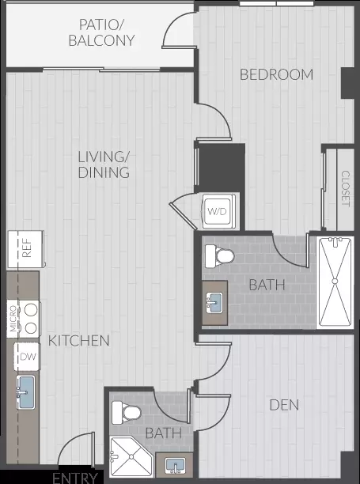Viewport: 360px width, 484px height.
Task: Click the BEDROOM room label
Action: tap(276, 74)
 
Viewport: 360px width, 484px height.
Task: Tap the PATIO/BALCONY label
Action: tap(101, 32)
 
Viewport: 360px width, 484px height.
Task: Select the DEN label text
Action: tap(284, 405)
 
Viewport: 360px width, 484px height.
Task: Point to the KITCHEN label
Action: tap(79, 341)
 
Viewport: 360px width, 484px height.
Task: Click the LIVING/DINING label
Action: tap(104, 164)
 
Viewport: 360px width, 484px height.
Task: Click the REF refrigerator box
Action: tap(26, 249)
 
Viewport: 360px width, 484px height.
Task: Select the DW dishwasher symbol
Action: tap(27, 357)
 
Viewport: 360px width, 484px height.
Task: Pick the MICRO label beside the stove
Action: tap(13, 319)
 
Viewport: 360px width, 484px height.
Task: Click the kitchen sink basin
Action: tap(25, 392)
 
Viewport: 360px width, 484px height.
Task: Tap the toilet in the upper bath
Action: tap(219, 256)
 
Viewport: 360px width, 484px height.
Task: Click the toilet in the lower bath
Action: tap(127, 412)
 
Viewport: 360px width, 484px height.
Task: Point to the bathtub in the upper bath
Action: tap(335, 282)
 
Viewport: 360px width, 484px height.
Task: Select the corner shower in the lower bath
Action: tap(131, 456)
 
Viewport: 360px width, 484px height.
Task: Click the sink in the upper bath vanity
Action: tap(214, 303)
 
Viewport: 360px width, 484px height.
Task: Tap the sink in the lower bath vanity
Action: tap(175, 465)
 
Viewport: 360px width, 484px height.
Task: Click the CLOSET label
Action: tap(346, 188)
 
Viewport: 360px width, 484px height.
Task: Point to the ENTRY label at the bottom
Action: tap(75, 478)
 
